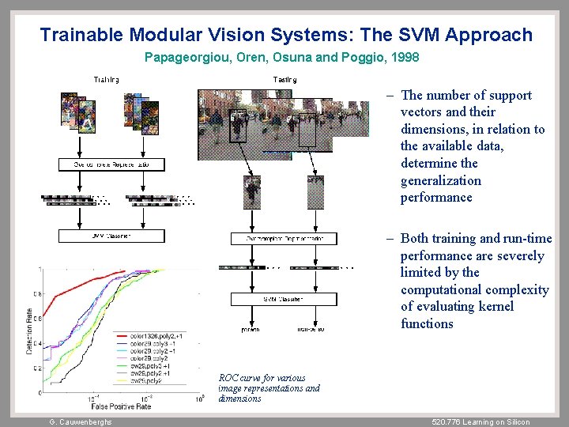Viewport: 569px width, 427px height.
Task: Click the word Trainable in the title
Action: (81, 35)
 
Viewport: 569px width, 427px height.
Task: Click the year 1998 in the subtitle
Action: (404, 58)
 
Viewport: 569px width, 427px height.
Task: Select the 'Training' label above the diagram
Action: (107, 80)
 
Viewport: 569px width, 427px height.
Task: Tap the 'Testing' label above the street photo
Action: (284, 80)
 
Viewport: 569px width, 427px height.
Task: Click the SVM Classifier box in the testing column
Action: (284, 300)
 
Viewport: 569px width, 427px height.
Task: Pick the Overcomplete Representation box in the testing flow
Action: (284, 238)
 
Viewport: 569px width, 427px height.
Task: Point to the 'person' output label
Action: (250, 328)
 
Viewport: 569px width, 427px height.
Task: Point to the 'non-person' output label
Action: (311, 328)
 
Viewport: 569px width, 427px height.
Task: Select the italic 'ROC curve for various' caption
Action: (258, 378)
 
